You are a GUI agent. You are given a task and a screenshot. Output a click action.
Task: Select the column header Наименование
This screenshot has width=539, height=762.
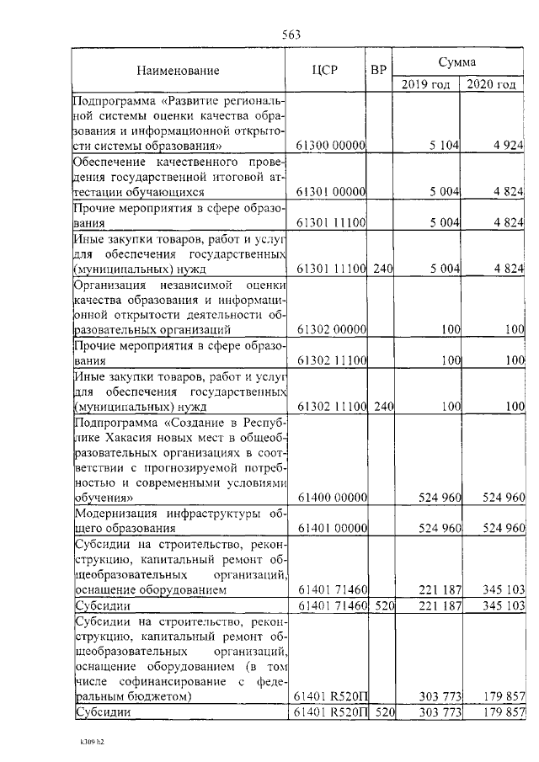click(x=178, y=71)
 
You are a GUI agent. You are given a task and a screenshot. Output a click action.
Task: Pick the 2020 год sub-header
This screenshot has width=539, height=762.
click(x=491, y=85)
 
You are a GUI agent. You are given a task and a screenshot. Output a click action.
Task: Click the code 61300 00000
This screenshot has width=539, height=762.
click(x=330, y=146)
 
